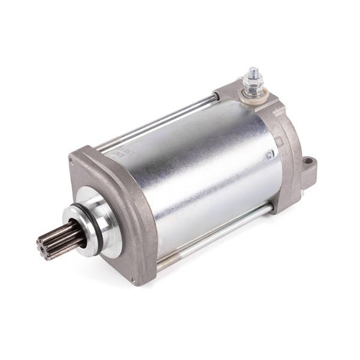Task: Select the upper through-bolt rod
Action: click(x=162, y=120)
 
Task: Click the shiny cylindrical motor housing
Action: click(x=204, y=174)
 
